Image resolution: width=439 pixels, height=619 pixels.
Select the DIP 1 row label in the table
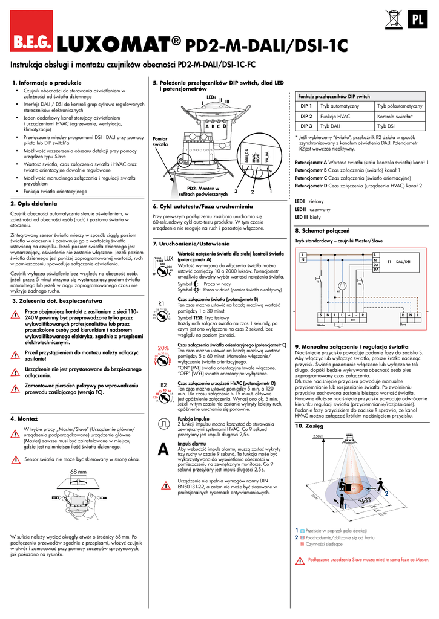pos(306,106)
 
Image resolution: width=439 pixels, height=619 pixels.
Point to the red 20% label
pos(163,348)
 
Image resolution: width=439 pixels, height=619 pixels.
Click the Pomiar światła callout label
pos(160,142)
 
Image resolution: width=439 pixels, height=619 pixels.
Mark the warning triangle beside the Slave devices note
pos(300,561)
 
